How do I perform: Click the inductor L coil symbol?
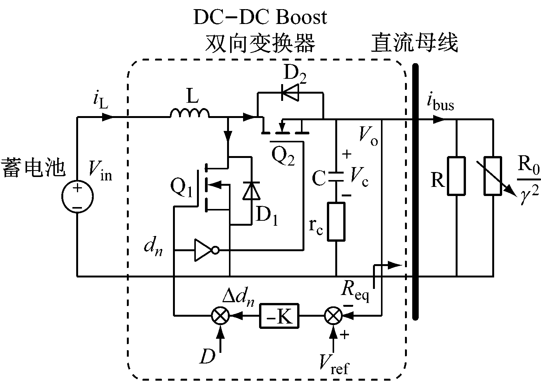click(190, 113)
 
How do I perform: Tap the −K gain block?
click(279, 316)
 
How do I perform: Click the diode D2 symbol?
click(290, 92)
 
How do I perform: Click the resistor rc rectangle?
click(336, 222)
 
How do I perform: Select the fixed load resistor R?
click(456, 176)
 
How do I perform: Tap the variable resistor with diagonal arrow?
click(493, 176)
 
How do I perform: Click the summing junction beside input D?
click(220, 316)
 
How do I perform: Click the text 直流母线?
click(414, 43)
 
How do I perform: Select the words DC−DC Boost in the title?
click(260, 17)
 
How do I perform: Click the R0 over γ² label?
click(529, 178)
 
